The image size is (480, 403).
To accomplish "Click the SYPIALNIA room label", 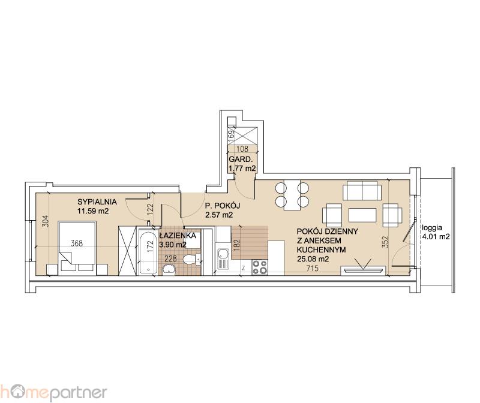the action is (x=97, y=202).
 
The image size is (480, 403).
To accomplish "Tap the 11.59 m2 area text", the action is (x=94, y=211).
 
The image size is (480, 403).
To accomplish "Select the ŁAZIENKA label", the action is (x=178, y=236).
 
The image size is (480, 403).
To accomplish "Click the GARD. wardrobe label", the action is (x=241, y=160).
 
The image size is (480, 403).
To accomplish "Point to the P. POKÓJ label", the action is (x=222, y=206).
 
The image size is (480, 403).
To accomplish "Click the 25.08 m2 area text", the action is (x=313, y=259).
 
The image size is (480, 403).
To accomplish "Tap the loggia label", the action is (x=432, y=228).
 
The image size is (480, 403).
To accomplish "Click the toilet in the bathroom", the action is (x=191, y=260).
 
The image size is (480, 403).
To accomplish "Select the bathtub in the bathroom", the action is (x=148, y=251).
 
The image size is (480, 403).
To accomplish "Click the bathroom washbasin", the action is (x=169, y=270).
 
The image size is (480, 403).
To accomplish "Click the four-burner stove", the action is (x=260, y=267).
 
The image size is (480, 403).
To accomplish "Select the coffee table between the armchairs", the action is (x=362, y=215).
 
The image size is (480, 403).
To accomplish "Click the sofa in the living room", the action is (x=362, y=190).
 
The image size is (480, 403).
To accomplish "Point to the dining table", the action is (x=292, y=196).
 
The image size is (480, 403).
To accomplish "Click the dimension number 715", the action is (x=312, y=268).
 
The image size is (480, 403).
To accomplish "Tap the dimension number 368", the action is (x=77, y=243).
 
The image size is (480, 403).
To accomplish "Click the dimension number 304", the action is (x=45, y=221).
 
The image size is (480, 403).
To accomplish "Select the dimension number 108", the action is (x=242, y=149).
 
